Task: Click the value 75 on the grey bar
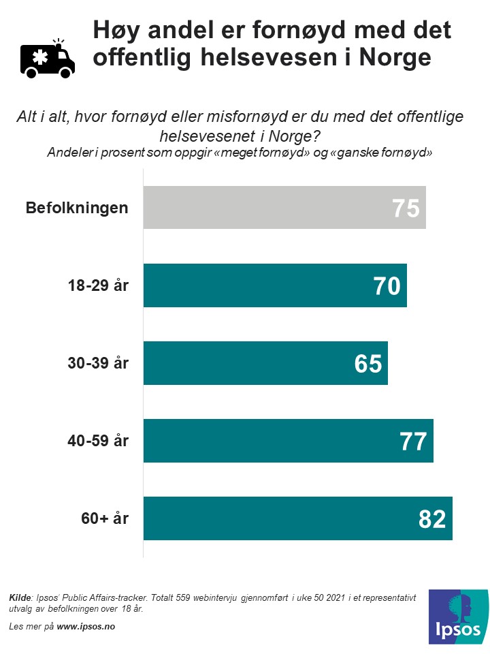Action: [406, 208]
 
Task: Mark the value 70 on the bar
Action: [387, 285]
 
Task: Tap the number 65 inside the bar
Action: [368, 363]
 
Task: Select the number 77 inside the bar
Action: [413, 441]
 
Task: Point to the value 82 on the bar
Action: [432, 518]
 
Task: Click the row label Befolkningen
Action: [77, 208]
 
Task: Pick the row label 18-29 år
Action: [98, 285]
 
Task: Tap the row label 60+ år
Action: [105, 518]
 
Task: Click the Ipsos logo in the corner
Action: [458, 617]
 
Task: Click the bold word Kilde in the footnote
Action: [20, 597]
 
